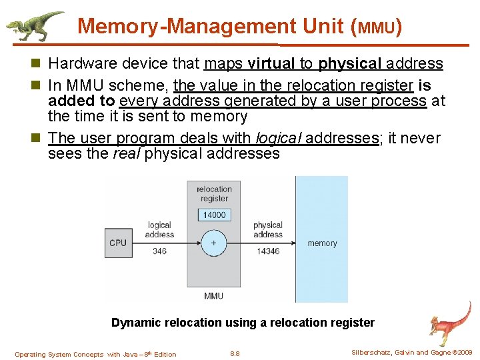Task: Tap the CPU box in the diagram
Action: click(118, 243)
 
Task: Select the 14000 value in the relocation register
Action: click(214, 215)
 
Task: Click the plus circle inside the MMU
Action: click(213, 243)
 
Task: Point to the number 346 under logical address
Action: click(159, 251)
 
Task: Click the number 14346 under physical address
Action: click(267, 251)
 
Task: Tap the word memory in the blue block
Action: click(322, 243)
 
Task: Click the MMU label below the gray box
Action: click(213, 295)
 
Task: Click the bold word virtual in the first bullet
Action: click(271, 64)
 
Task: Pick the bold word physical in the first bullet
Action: click(350, 64)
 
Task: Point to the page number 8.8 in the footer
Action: click(234, 354)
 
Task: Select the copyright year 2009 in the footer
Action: click(463, 353)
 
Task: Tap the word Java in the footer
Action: click(132, 354)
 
